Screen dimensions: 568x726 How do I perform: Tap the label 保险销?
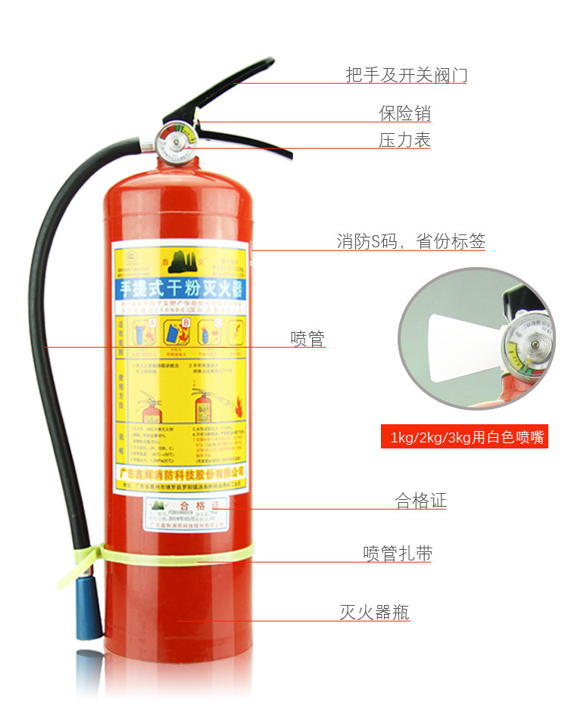tap(404, 113)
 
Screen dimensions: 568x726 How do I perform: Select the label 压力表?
tap(404, 140)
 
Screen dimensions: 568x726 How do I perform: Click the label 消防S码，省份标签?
tap(410, 242)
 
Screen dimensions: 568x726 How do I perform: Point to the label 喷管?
tap(307, 338)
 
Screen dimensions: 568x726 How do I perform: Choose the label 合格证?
tap(420, 501)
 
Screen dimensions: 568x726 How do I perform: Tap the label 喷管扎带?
tap(398, 554)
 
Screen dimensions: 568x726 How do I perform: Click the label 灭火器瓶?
tap(374, 612)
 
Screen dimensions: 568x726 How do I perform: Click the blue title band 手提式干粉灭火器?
tap(180, 287)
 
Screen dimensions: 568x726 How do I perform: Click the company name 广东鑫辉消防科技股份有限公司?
tap(180, 472)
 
